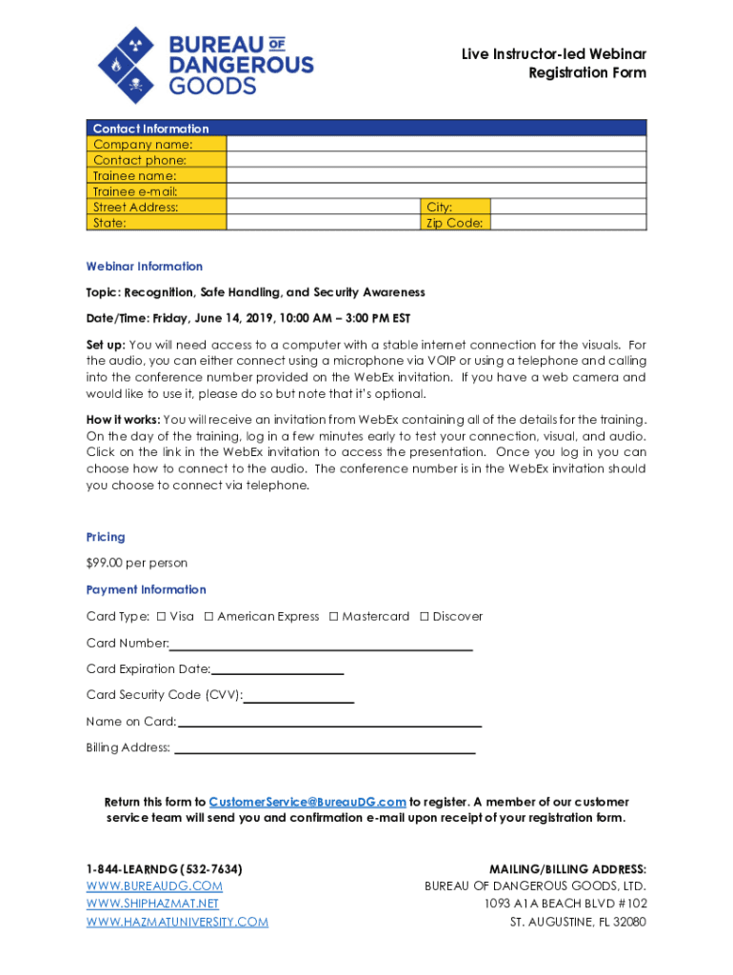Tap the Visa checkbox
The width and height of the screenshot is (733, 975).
161,616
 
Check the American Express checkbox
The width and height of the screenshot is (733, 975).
208,616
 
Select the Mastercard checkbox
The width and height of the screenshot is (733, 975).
333,616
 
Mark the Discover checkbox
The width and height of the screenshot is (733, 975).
425,616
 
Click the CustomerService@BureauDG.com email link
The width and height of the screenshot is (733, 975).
307,802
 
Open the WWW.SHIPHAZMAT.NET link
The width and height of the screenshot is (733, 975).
152,904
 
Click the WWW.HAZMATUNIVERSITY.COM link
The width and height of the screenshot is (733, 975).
177,922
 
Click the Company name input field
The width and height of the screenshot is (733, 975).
436,144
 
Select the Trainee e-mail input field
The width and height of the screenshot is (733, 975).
436,190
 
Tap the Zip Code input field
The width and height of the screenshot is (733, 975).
568,223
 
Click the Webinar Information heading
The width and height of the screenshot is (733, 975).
145,267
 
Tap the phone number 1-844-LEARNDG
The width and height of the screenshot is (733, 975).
164,869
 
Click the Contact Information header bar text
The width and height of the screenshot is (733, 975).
150,129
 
